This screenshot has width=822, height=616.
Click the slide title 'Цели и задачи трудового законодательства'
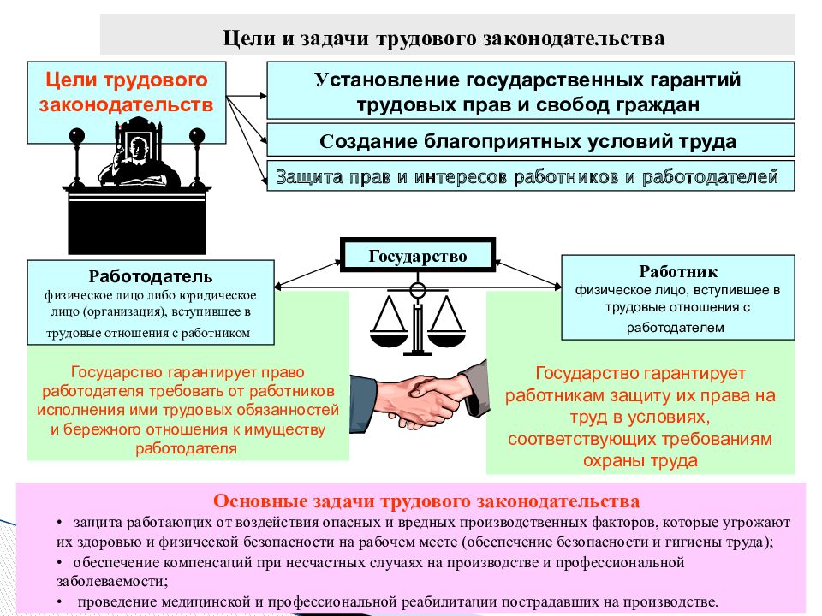(444, 38)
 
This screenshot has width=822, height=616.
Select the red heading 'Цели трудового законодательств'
(127, 92)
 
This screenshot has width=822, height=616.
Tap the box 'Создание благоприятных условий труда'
(531, 140)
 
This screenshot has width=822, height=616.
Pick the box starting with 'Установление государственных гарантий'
(531, 91)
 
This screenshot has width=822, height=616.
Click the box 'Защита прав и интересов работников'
(531, 176)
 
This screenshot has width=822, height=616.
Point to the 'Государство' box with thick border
(418, 255)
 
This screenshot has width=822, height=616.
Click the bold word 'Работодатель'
(151, 276)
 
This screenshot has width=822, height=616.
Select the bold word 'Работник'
(678, 271)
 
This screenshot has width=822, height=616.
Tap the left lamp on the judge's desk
(77, 158)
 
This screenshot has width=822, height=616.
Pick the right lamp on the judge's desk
(197, 158)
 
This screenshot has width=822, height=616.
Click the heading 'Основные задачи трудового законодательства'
(426, 501)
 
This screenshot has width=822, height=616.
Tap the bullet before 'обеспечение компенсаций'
(60, 563)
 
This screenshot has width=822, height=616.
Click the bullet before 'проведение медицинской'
(60, 601)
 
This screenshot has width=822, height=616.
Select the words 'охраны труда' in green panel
(640, 460)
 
